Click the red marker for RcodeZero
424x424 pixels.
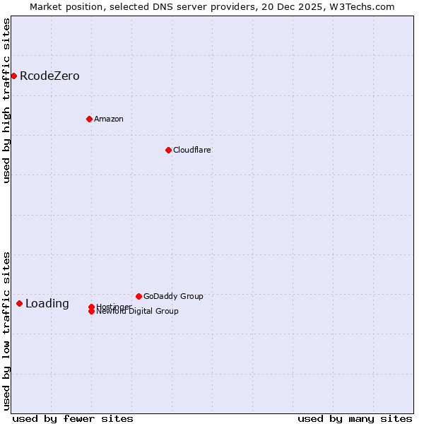click(13, 76)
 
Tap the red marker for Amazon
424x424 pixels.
click(89, 119)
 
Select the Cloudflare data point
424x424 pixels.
click(168, 150)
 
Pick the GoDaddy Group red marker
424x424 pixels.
click(139, 296)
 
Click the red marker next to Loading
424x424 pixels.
click(19, 303)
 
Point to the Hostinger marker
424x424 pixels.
click(91, 307)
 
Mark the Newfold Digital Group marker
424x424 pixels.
click(91, 311)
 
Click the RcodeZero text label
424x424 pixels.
click(49, 76)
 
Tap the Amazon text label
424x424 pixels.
click(108, 119)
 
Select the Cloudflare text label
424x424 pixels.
click(192, 150)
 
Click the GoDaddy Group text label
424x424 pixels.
click(172, 296)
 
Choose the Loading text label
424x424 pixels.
click(47, 304)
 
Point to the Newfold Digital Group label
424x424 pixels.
click(137, 312)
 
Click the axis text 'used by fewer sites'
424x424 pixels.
click(73, 418)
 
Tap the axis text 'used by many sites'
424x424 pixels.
click(355, 418)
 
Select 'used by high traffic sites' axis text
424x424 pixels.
click(6, 100)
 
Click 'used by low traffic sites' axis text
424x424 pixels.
click(6, 330)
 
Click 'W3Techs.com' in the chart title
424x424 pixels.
click(365, 6)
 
